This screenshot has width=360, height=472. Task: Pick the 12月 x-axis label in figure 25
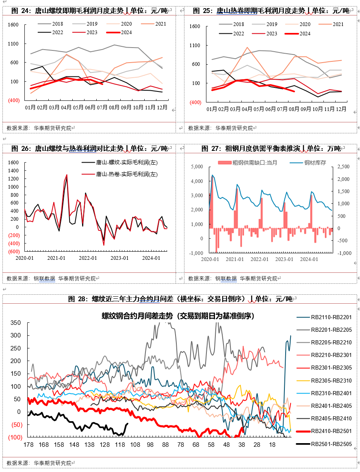click(x=340, y=109)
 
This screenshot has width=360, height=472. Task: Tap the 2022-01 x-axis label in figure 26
click(x=88, y=258)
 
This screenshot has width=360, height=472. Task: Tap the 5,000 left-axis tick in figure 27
click(x=197, y=167)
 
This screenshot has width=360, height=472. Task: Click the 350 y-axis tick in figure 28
click(x=15, y=323)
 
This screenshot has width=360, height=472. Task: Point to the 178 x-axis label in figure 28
click(x=28, y=445)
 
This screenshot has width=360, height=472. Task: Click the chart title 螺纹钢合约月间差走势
click(x=178, y=316)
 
